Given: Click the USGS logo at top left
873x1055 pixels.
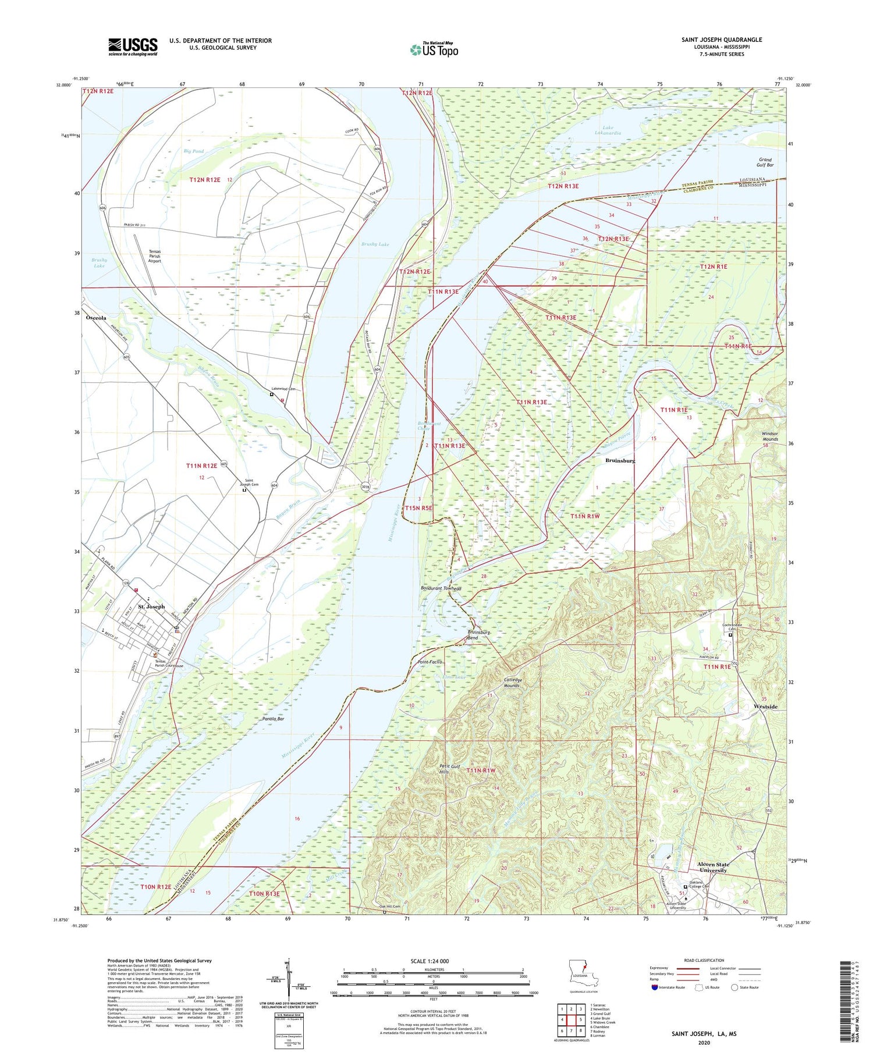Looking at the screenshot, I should pyautogui.click(x=133, y=47).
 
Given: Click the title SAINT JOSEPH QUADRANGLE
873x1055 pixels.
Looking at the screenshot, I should pyautogui.click(x=721, y=40).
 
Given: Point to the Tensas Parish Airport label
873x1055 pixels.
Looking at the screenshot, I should pyautogui.click(x=154, y=256).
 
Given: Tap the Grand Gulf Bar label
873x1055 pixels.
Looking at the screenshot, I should pyautogui.click(x=765, y=162).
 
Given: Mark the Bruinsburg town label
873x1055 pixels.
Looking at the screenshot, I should pyautogui.click(x=620, y=460).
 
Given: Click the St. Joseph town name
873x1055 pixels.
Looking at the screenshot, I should pyautogui.click(x=151, y=606).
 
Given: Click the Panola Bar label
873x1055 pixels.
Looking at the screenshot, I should pyautogui.click(x=272, y=719).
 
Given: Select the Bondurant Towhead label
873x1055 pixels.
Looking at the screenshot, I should pyautogui.click(x=441, y=588).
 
